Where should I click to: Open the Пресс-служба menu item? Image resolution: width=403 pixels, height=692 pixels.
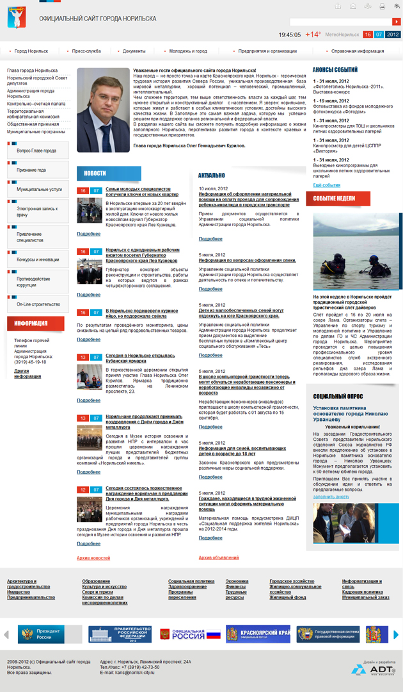[x=86, y=51]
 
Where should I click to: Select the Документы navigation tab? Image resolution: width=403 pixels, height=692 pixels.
[x=134, y=51]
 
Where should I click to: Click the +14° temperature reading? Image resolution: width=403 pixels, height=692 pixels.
[x=313, y=35]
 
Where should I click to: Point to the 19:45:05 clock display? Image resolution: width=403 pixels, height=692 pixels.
[x=290, y=35]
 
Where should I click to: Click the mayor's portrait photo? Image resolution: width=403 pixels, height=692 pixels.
[x=103, y=110]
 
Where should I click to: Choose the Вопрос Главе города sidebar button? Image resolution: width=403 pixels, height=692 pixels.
[x=36, y=151]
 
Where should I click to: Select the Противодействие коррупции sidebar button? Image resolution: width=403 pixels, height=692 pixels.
[x=38, y=281]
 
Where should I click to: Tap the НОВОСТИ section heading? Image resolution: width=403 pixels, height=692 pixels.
[x=95, y=173]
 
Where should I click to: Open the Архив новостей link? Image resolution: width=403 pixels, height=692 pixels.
[x=93, y=558]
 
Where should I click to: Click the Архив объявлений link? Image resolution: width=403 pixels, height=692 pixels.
[x=219, y=557]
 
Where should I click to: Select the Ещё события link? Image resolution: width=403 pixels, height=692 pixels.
[x=326, y=185]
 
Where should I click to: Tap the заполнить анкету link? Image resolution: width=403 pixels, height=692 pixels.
[x=331, y=497]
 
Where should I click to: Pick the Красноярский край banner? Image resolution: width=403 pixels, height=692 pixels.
[x=258, y=634]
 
